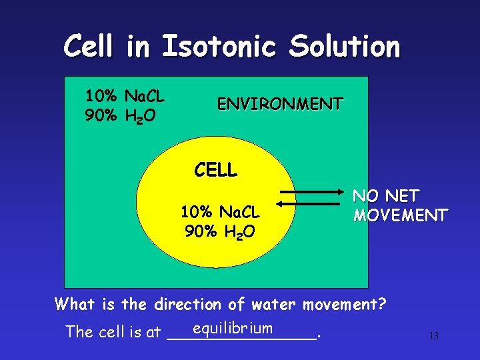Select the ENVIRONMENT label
point(280,104)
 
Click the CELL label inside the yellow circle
point(215,171)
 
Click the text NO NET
point(386,196)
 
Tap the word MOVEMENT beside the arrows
point(400,215)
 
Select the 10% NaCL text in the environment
point(125,97)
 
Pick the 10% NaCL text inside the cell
point(219,213)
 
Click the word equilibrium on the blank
point(231,327)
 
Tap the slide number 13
point(433,336)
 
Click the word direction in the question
point(187,305)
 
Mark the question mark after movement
point(382,305)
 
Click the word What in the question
point(75,305)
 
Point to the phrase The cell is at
point(113,331)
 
